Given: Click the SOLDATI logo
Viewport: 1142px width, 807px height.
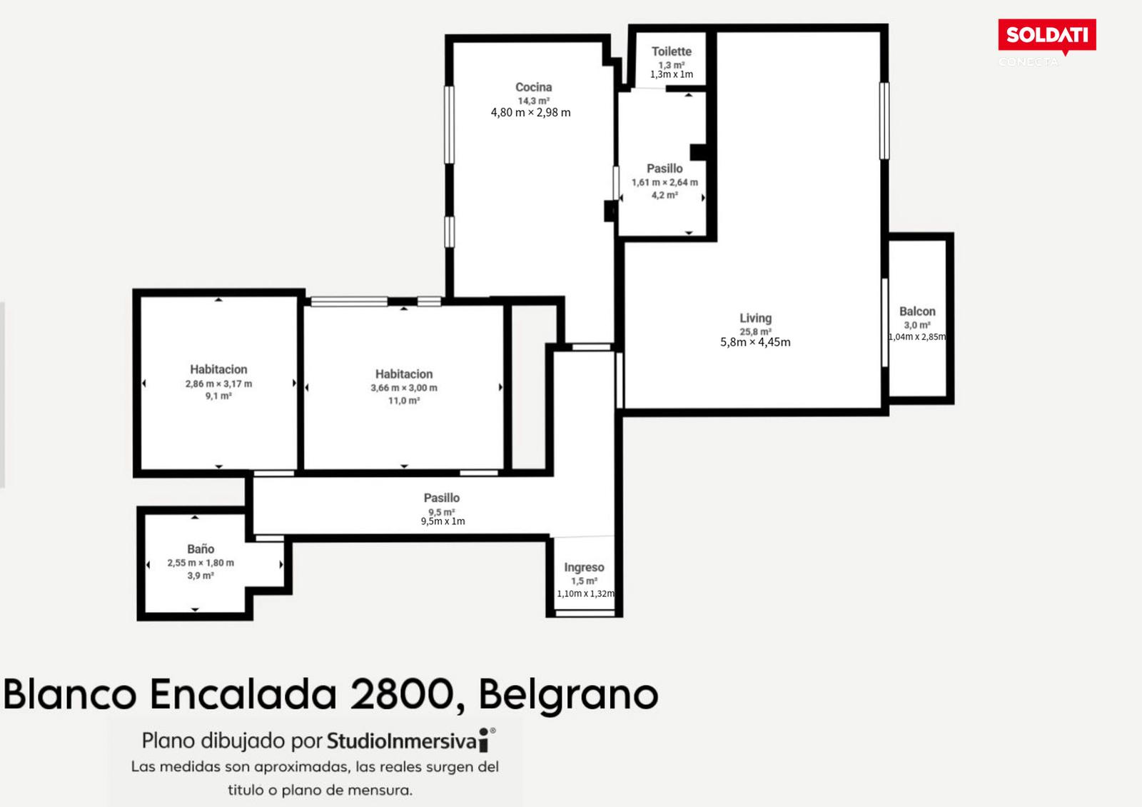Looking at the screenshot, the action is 1046,36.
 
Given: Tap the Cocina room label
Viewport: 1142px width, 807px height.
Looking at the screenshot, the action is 533,87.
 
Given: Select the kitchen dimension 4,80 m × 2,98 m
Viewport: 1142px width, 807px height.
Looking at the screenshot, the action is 531,112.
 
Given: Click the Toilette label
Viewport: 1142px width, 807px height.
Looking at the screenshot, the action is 672,51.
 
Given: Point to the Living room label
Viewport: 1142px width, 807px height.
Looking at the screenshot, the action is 756,318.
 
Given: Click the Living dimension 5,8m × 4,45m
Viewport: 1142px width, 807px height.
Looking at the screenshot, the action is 755,342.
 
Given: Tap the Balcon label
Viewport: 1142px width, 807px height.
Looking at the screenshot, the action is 917,311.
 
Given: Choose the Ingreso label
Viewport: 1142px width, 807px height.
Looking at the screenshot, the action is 585,567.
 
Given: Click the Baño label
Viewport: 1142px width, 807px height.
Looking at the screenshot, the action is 201,549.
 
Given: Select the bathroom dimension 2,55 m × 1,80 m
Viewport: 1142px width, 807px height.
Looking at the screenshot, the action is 201,563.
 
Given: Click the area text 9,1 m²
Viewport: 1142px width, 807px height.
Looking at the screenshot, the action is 218,396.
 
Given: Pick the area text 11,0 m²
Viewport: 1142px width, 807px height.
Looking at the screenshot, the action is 404,401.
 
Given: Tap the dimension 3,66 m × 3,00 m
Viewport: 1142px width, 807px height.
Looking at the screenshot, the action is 404,388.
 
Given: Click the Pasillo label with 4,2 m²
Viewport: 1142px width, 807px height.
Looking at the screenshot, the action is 665,169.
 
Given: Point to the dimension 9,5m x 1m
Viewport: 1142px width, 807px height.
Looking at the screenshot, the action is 443,521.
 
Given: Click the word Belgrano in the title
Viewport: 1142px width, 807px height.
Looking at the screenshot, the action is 568,695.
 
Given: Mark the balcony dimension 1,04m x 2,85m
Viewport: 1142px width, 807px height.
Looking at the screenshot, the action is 917,336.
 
